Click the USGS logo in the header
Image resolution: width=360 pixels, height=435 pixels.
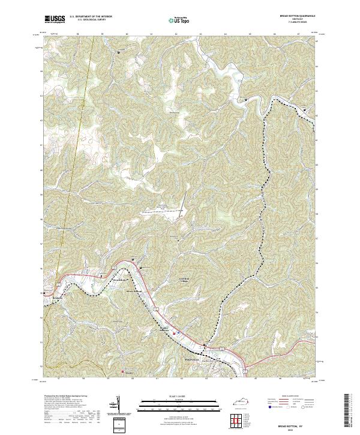(x=55, y=20)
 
